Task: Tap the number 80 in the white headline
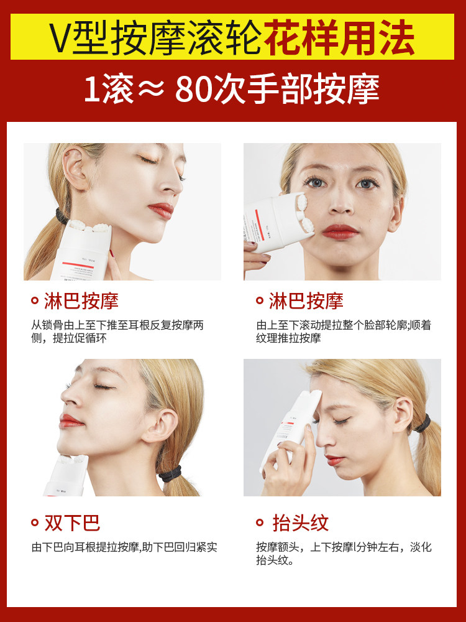point(194,90)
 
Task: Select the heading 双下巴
point(72,523)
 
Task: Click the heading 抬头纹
point(300,523)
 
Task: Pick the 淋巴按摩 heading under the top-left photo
point(81,302)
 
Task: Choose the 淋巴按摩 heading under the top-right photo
point(306,302)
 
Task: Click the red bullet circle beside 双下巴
point(35,523)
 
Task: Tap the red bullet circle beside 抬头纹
point(260,523)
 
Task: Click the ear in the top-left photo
point(76,171)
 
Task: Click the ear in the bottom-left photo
point(161,425)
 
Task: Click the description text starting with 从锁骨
point(118,332)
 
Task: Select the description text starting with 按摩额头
point(344,553)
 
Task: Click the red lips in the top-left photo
point(160,210)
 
